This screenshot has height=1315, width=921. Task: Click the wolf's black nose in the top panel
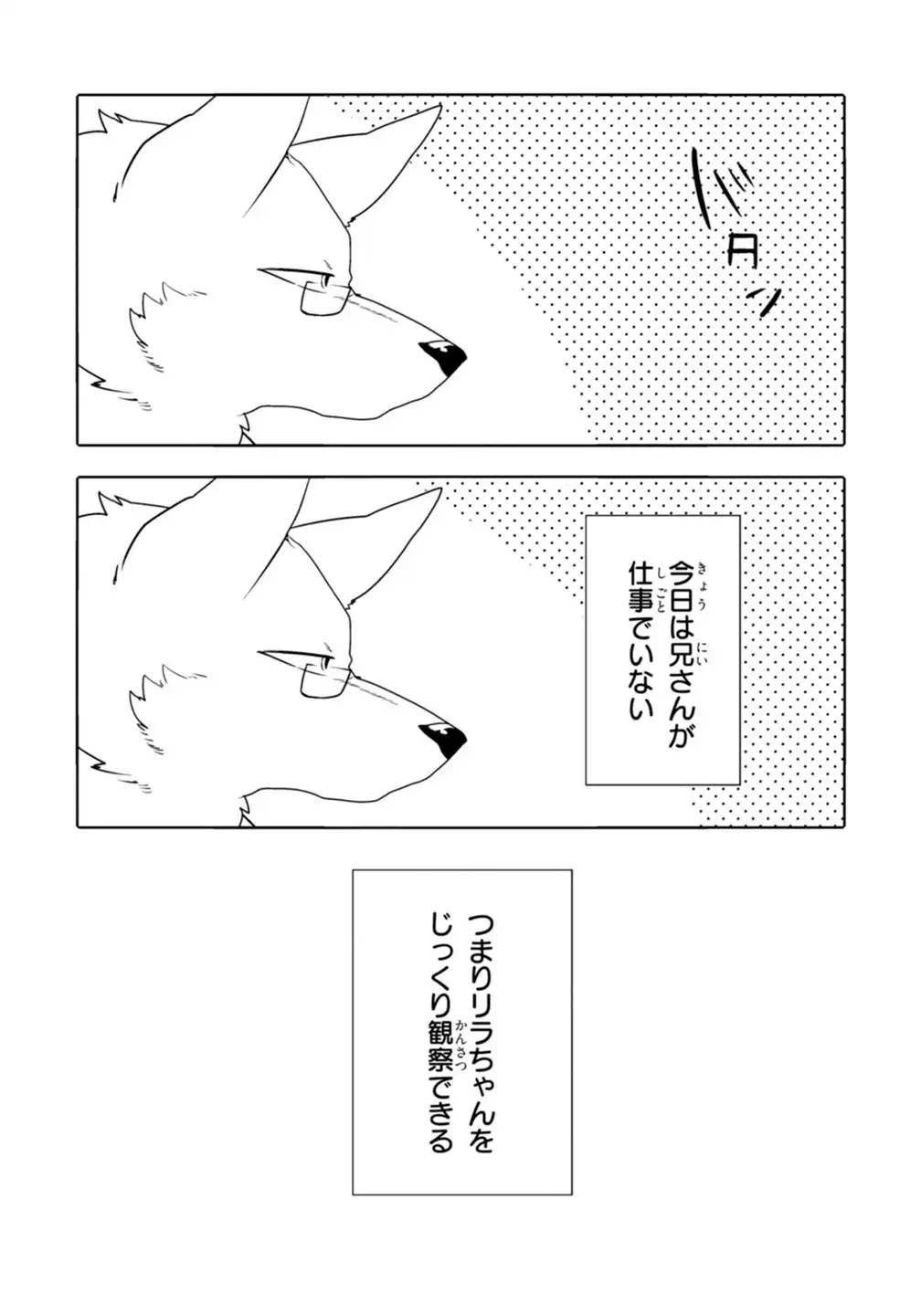pos(445,357)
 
